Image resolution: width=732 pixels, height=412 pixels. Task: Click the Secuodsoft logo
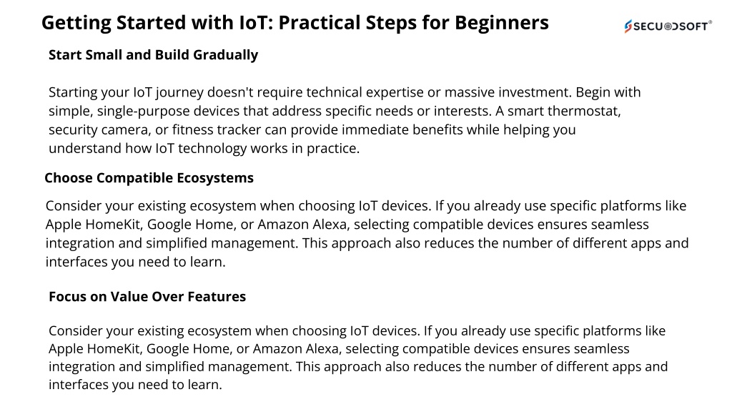coord(668,26)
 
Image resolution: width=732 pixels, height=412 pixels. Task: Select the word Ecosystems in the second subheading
coord(215,178)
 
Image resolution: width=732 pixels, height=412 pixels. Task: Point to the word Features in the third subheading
coord(217,297)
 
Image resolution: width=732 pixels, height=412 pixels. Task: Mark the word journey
coord(179,93)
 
